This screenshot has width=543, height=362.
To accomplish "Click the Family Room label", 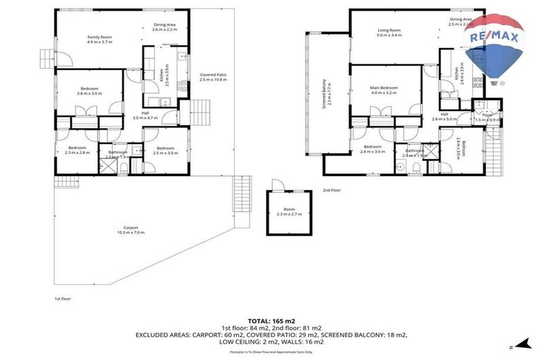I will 100,39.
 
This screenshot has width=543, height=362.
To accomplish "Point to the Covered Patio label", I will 213,77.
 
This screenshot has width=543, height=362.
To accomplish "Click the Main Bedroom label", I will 384,90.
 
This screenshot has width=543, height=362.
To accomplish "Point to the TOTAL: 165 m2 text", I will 271,320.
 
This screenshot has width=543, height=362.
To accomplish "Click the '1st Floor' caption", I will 62,298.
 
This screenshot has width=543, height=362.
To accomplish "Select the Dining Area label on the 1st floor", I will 164,28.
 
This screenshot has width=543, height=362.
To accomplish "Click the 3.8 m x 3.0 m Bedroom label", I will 89,90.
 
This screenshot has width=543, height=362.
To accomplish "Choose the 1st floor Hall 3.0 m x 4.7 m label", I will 145,115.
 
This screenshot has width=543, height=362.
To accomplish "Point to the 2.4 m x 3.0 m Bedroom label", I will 373,149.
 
